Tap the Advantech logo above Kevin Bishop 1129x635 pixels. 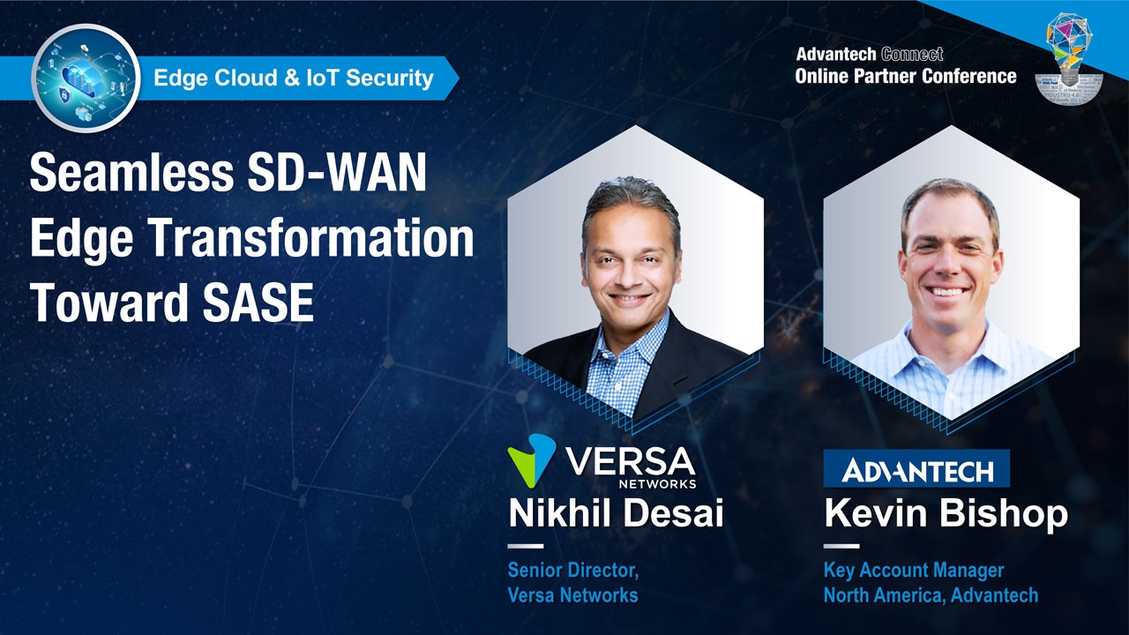click(x=916, y=469)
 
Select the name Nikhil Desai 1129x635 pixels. click(x=616, y=513)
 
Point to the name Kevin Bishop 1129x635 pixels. click(x=946, y=513)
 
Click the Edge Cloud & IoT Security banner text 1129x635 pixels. click(x=294, y=78)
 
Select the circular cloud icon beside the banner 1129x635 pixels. click(x=86, y=78)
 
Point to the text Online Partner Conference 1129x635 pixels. click(x=905, y=76)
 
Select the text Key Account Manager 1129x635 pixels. click(x=914, y=571)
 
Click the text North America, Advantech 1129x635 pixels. click(x=931, y=595)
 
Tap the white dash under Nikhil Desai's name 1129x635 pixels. click(x=526, y=546)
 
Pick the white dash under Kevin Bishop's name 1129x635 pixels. click(x=841, y=546)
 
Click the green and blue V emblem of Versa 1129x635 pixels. click(x=531, y=459)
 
